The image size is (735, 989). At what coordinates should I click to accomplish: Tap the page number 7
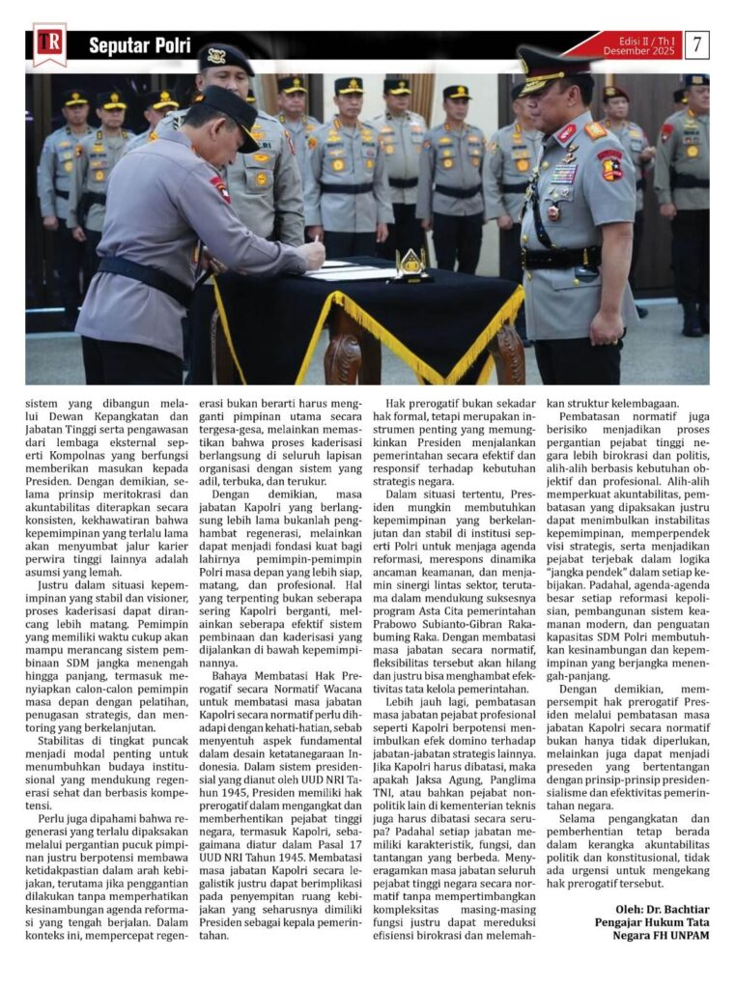[697, 44]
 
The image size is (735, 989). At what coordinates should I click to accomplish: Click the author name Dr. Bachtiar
[675, 910]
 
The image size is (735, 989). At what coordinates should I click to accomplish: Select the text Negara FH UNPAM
[654, 937]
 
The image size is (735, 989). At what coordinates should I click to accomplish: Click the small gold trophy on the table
[410, 262]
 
